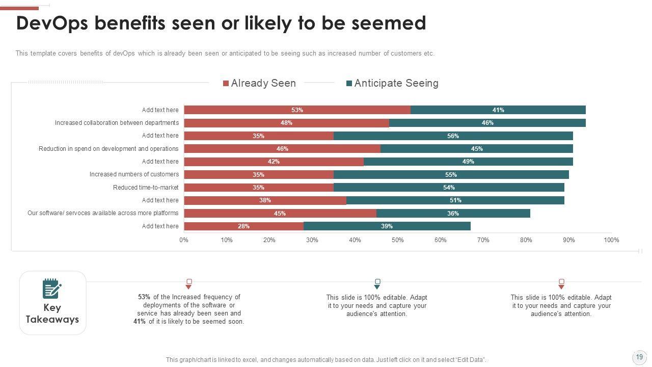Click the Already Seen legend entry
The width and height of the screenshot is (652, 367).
pyautogui.click(x=259, y=83)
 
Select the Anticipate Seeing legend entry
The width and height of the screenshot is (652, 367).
pyautogui.click(x=392, y=83)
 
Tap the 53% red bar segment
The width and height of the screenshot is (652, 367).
pyautogui.click(x=297, y=110)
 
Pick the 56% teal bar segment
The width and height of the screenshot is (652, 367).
pyautogui.click(x=453, y=136)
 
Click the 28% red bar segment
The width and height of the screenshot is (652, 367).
pyautogui.click(x=243, y=226)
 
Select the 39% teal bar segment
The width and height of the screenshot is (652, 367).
pyautogui.click(x=387, y=226)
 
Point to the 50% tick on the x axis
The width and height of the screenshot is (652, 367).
pyautogui.click(x=398, y=240)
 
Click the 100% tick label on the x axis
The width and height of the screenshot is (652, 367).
pyautogui.click(x=611, y=240)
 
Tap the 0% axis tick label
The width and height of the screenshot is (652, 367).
pyautogui.click(x=184, y=240)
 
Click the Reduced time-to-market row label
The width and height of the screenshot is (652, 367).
pyautogui.click(x=146, y=188)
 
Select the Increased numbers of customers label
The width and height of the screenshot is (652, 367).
pyautogui.click(x=134, y=174)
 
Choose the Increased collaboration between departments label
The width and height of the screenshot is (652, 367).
pyautogui.click(x=117, y=123)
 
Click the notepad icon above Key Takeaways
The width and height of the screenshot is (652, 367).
pyautogui.click(x=52, y=289)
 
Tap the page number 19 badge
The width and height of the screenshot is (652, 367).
pyautogui.click(x=639, y=357)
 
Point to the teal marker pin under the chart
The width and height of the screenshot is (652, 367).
pyautogui.click(x=377, y=284)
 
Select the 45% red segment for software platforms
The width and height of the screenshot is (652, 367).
pyautogui.click(x=280, y=213)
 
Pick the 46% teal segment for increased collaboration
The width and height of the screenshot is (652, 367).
pyautogui.click(x=487, y=123)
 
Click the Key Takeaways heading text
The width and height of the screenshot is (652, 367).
pyautogui.click(x=52, y=313)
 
